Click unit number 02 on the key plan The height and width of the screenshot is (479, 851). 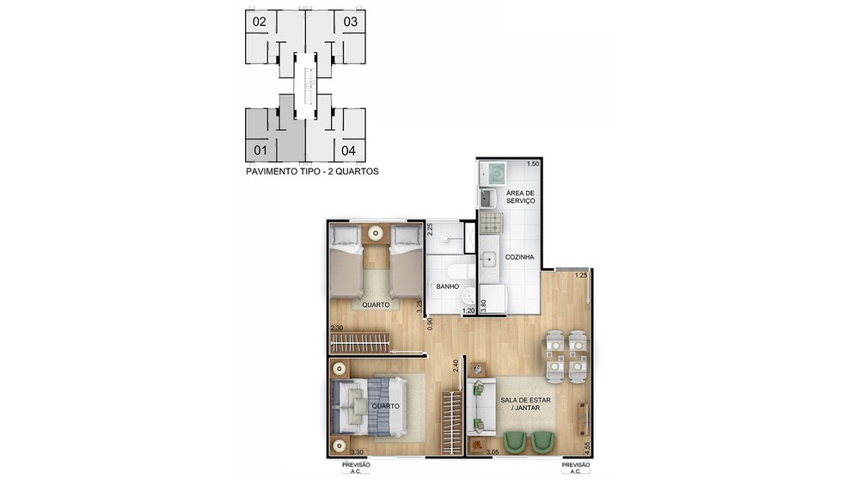pyautogui.click(x=260, y=21)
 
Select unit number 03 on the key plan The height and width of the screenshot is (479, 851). pyautogui.click(x=351, y=21)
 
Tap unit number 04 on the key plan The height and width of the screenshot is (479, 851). pyautogui.click(x=348, y=150)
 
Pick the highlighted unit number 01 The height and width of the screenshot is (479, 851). pyautogui.click(x=260, y=150)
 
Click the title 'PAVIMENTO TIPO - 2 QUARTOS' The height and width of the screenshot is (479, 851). pyautogui.click(x=312, y=172)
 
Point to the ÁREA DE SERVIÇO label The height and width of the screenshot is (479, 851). pyautogui.click(x=520, y=197)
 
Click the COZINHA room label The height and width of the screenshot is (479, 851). pyautogui.click(x=519, y=257)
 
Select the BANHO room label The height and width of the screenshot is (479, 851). pyautogui.click(x=448, y=286)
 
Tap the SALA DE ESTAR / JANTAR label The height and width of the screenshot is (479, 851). pyautogui.click(x=525, y=403)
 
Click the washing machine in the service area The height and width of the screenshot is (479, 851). pyautogui.click(x=493, y=173)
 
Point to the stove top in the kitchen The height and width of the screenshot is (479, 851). pyautogui.click(x=491, y=223)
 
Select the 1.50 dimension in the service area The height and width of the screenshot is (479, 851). pyautogui.click(x=533, y=163)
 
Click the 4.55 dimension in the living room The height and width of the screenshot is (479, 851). pyautogui.click(x=587, y=448)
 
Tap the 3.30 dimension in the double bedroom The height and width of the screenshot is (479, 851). pyautogui.click(x=357, y=451)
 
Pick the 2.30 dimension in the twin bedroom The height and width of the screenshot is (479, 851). pyautogui.click(x=337, y=328)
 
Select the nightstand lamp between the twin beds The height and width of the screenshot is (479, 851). pyautogui.click(x=376, y=234)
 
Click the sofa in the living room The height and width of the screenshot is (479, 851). pyautogui.click(x=481, y=407)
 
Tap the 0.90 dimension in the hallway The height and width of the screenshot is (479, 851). pyautogui.click(x=430, y=324)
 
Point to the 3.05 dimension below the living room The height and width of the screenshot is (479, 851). pyautogui.click(x=493, y=451)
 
